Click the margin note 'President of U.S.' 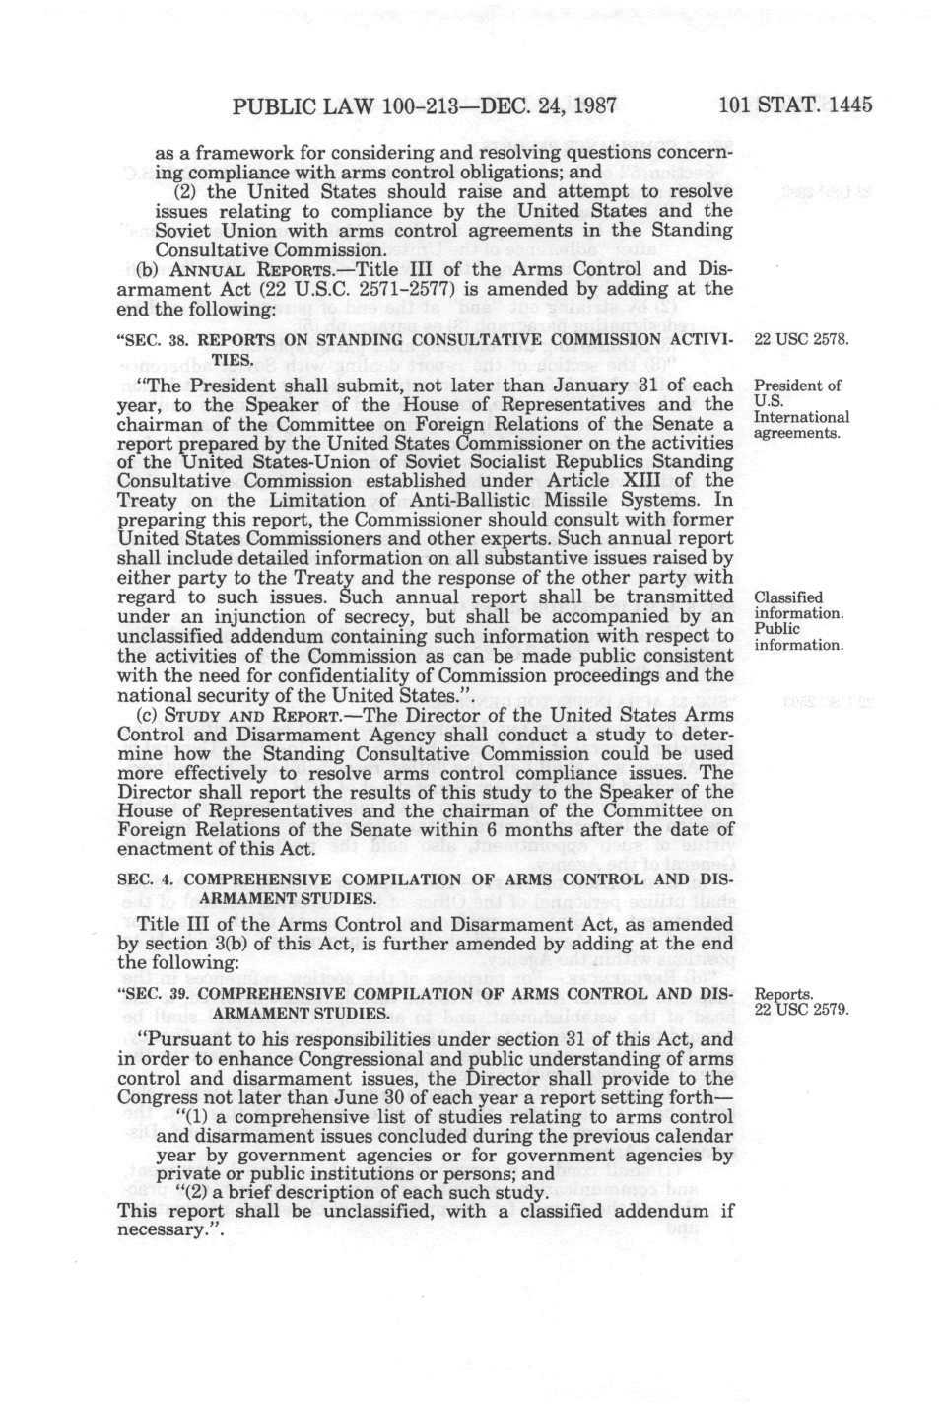click(795, 393)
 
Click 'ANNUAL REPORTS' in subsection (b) click(243, 269)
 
